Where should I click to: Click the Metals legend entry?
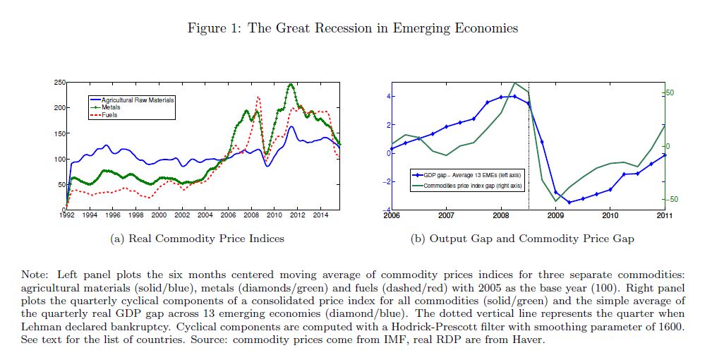[110, 107]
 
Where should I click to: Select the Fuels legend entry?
[109, 115]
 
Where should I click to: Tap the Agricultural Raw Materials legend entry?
[137, 100]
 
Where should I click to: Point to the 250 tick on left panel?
[59, 83]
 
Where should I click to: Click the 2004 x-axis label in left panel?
[205, 215]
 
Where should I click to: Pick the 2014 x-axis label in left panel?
[320, 215]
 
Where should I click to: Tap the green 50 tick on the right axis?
[671, 93]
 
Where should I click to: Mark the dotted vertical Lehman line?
[529, 141]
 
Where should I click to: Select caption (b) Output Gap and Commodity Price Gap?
[522, 239]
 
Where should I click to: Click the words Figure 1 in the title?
[212, 29]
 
